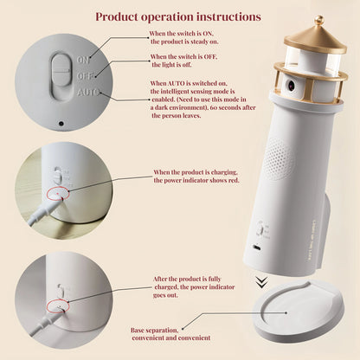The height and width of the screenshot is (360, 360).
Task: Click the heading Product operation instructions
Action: [x=178, y=16]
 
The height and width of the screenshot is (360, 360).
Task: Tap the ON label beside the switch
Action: [x=82, y=60]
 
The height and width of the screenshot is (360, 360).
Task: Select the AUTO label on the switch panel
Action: [x=87, y=91]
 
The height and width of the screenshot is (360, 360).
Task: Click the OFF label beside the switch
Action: [x=83, y=75]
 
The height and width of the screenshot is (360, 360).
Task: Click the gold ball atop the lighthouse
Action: [x=318, y=20]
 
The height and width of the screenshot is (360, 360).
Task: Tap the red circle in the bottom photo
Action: [x=57, y=305]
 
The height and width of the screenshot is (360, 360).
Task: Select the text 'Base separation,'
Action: [x=156, y=330]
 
